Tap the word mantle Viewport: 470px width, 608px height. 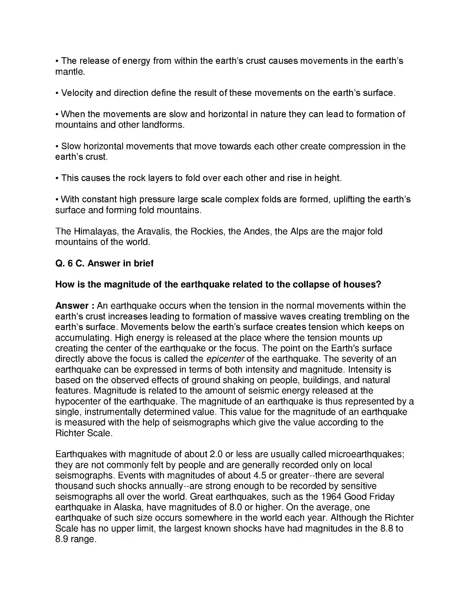point(70,72)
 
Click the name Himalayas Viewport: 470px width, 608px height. point(96,231)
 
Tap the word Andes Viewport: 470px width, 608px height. point(257,231)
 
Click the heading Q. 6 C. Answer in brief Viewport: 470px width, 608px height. point(105,263)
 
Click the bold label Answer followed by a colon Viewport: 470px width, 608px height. point(72,306)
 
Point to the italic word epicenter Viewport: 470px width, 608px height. point(225,359)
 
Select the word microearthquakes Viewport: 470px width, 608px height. point(366,454)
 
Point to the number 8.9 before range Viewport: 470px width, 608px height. point(62,539)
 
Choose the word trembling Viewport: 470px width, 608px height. point(364,316)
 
